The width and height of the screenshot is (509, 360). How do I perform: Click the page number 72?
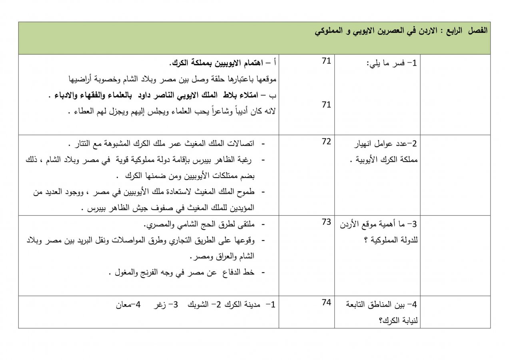[x=326, y=142]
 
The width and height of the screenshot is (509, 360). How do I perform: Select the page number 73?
[x=326, y=222]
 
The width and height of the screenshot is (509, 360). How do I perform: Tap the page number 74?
[x=326, y=302]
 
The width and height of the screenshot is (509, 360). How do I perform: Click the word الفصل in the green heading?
[x=478, y=30]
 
